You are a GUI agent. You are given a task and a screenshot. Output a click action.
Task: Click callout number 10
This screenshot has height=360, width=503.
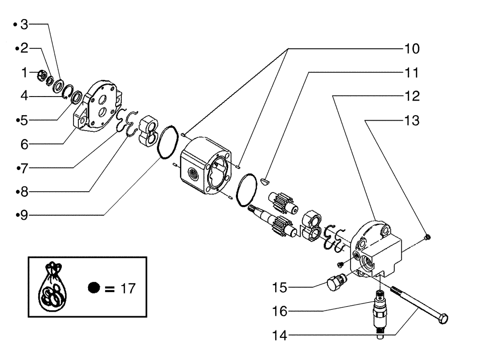411,49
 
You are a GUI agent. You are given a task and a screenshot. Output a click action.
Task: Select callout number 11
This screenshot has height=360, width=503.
411,72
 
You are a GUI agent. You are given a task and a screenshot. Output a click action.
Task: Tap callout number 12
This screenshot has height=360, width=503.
411,96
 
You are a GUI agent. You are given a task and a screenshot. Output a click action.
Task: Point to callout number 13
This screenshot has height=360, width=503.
411,121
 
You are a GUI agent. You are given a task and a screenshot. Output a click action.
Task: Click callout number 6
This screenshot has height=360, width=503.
23,144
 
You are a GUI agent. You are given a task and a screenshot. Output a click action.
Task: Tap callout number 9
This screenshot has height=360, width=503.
22,215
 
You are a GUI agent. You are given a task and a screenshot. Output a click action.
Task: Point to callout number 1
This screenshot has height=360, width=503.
24,73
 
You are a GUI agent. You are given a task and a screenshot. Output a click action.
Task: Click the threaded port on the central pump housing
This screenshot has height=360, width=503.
193,173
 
